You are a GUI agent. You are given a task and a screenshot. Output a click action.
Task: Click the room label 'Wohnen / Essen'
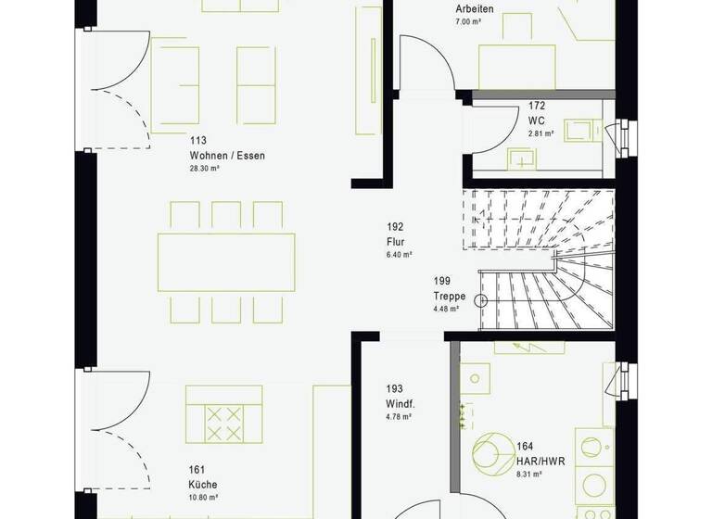coord(227,156)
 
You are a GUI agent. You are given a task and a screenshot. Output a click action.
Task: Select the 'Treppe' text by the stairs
coord(449,296)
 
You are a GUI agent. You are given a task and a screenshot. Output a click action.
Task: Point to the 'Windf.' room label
coord(400,405)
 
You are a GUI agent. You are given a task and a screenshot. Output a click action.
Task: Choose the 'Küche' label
coord(202,483)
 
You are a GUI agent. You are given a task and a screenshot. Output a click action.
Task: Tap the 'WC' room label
coord(537,120)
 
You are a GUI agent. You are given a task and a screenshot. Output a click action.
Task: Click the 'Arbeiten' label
coord(474,9)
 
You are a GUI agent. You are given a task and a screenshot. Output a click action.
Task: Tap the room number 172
coord(537,107)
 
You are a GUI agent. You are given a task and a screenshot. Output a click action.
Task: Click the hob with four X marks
coord(223,423)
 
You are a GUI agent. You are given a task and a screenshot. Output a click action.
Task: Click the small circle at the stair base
coord(481,299)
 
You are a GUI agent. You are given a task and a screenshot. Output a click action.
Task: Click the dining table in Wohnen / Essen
coord(226,261)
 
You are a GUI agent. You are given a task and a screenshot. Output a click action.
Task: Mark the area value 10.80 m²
coord(202,497)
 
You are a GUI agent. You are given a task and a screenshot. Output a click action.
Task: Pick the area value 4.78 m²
coord(398,419)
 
